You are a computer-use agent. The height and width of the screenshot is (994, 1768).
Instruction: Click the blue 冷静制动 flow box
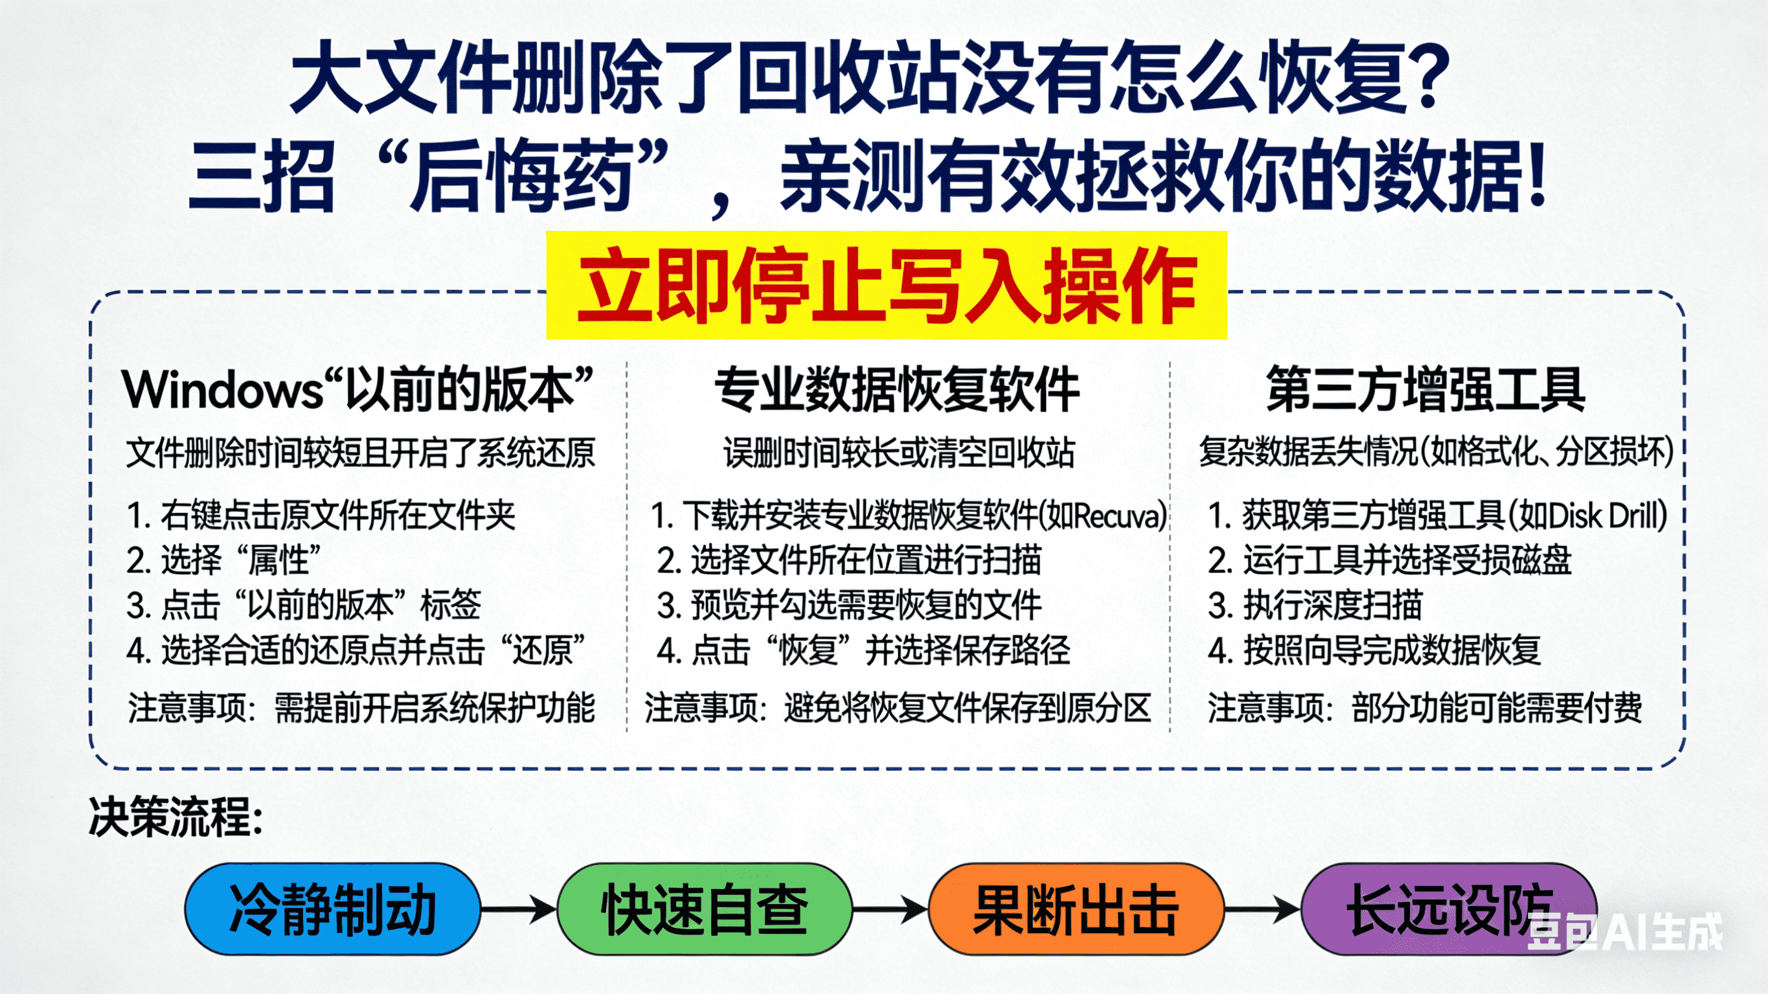[x=332, y=909]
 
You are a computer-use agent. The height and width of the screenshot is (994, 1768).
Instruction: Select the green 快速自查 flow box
[x=704, y=909]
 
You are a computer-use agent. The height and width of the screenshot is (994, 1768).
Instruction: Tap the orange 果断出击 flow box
[x=1076, y=909]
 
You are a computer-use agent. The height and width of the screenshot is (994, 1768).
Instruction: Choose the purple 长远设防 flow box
[x=1448, y=909]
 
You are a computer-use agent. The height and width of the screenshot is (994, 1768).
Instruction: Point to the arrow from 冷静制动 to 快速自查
[x=519, y=910]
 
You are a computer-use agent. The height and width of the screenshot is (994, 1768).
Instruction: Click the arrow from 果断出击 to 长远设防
[x=1263, y=910]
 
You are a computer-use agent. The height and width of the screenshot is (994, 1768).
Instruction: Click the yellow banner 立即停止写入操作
[x=886, y=286]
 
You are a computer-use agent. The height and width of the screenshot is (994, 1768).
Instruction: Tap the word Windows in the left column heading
[x=221, y=390]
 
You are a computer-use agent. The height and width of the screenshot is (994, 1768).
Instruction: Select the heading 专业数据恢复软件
[x=897, y=390]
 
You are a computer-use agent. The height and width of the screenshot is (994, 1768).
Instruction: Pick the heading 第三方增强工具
[x=1425, y=390]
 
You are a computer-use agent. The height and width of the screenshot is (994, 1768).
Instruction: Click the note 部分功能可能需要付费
[x=1496, y=708]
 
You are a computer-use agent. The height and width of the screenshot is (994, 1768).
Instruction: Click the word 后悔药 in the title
[x=521, y=175]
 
